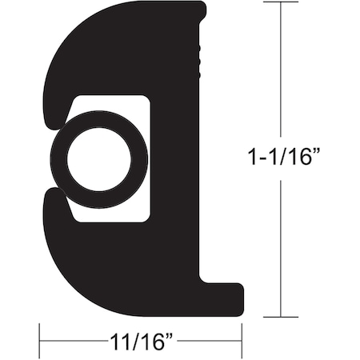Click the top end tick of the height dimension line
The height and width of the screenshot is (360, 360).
(281, 2)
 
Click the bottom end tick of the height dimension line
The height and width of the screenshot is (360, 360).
(281, 317)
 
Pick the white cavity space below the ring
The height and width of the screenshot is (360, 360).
(120, 214)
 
